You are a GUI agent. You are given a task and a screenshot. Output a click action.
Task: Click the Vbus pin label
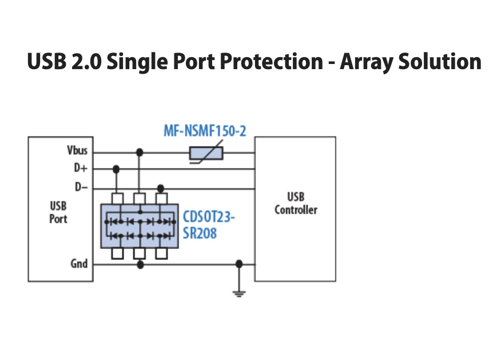point(77,150)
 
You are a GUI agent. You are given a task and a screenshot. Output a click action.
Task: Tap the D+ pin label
point(81,167)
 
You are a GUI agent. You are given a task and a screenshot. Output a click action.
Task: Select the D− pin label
point(81,187)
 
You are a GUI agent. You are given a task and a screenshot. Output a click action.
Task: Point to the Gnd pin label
point(79,263)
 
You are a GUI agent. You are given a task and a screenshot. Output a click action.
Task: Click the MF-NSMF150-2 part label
point(205,131)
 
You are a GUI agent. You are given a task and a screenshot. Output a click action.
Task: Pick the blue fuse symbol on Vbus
point(206,153)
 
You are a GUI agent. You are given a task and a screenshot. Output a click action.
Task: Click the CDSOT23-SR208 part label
point(209,225)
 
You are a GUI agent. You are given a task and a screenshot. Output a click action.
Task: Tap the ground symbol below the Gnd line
point(239,294)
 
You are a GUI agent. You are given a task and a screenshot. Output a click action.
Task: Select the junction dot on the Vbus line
point(140,153)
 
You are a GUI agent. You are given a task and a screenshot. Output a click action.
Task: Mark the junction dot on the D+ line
point(116,169)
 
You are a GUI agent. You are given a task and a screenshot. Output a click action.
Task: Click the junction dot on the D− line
point(161,189)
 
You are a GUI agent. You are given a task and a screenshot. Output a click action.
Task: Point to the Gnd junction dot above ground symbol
point(239,264)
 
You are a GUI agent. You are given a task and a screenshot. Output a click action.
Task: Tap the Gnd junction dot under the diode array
point(140,264)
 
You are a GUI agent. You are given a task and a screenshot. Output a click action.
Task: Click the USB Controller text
point(296,203)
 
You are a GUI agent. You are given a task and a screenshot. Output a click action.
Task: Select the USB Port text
point(58,213)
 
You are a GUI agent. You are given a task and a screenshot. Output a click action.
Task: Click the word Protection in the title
point(272,61)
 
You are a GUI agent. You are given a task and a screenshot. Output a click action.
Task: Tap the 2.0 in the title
point(86,61)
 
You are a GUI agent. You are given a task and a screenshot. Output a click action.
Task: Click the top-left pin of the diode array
point(118,198)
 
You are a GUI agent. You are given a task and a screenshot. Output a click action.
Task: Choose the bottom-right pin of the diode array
point(161,253)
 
